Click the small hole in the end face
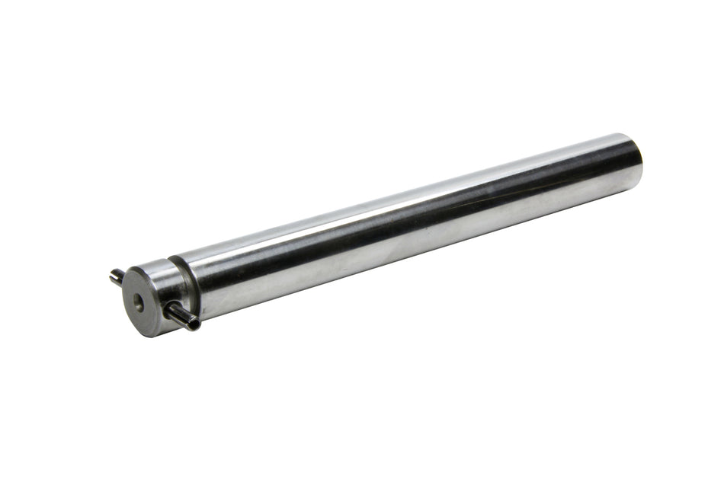tap(139, 302)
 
